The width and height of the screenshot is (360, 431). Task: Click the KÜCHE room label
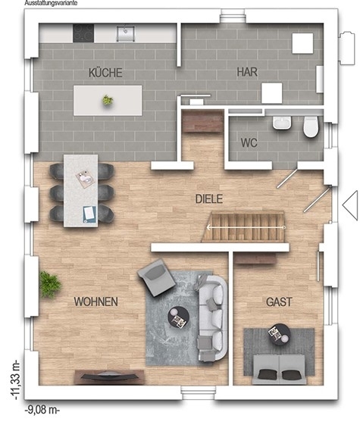(105, 73)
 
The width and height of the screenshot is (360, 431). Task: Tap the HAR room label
(247, 72)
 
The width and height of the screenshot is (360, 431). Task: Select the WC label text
(249, 142)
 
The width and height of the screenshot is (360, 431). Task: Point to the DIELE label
(208, 198)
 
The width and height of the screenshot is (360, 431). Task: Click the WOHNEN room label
(96, 301)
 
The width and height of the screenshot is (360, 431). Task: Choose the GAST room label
(279, 302)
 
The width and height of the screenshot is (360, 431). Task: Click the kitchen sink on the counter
(125, 33)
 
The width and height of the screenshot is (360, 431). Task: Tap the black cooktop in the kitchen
(83, 33)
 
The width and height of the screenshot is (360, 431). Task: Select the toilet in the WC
(311, 126)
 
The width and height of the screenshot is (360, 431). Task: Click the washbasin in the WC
(282, 122)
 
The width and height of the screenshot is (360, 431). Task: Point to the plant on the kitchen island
(108, 100)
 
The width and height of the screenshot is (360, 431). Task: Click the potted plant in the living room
(49, 284)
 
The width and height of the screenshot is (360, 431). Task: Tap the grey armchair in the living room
(157, 277)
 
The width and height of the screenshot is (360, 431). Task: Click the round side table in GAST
(280, 334)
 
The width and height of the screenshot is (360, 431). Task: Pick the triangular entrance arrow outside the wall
(350, 205)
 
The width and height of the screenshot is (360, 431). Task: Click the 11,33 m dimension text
(15, 379)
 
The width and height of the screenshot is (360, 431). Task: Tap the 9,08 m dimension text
(42, 410)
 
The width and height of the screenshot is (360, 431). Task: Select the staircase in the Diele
(243, 227)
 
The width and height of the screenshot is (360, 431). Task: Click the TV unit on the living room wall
(109, 377)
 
